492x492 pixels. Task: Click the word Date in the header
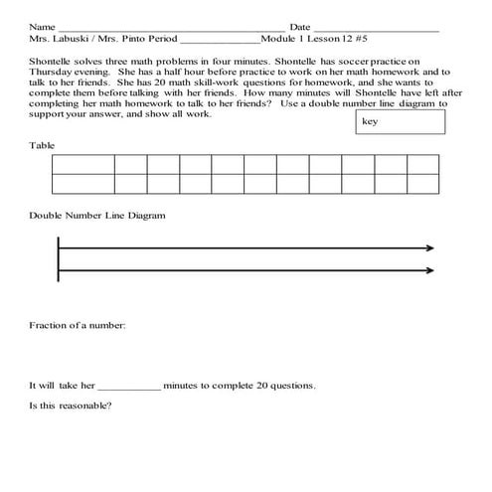click(x=299, y=26)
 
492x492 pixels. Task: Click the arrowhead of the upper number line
click(x=430, y=247)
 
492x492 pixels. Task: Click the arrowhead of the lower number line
click(x=430, y=270)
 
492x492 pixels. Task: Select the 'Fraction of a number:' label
click(x=78, y=325)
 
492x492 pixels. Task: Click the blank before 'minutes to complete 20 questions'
click(x=129, y=385)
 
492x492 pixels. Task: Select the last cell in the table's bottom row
click(x=420, y=183)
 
